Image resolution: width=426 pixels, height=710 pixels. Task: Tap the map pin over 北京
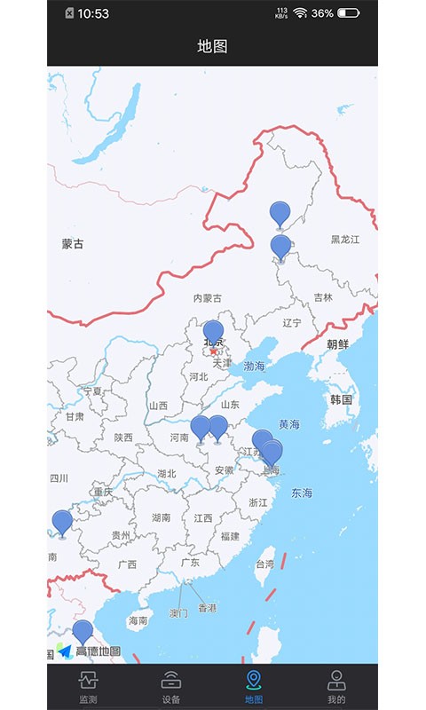(213, 335)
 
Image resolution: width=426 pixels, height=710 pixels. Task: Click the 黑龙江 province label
(345, 239)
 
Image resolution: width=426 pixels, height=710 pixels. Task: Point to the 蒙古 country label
(73, 244)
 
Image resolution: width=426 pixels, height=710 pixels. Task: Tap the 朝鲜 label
(337, 344)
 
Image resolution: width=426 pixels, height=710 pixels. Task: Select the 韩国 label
(341, 399)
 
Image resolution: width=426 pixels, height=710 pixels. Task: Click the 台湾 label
(264, 564)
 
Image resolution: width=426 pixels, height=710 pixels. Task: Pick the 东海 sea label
(302, 493)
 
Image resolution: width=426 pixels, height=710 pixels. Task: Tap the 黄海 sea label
(289, 425)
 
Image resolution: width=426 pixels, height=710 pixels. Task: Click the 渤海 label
(255, 366)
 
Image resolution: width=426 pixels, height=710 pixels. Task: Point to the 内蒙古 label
(207, 298)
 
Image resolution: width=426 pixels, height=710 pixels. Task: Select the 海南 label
(138, 620)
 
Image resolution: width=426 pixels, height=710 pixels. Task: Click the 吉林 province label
(323, 298)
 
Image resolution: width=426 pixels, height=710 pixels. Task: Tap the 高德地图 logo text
(98, 651)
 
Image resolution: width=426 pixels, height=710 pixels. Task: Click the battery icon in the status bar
(348, 13)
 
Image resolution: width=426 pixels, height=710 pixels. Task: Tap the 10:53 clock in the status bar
(93, 13)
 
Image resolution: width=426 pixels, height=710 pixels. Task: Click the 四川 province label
(59, 478)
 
